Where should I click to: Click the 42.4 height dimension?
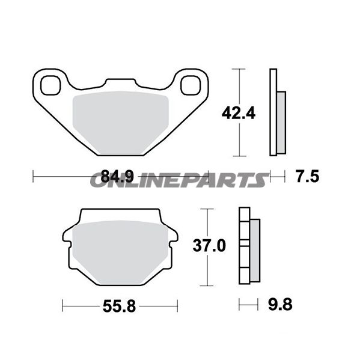(x=239, y=113)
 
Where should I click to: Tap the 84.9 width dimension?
(x=117, y=177)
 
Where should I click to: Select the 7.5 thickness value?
(x=308, y=177)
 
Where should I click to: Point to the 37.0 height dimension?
(x=209, y=245)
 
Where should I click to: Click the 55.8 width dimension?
(x=119, y=307)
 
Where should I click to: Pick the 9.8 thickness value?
(x=280, y=305)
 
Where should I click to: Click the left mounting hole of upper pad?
(x=50, y=85)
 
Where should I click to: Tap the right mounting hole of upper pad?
(x=191, y=85)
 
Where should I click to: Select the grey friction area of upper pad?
(x=121, y=123)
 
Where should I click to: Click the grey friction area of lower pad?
(x=120, y=252)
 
